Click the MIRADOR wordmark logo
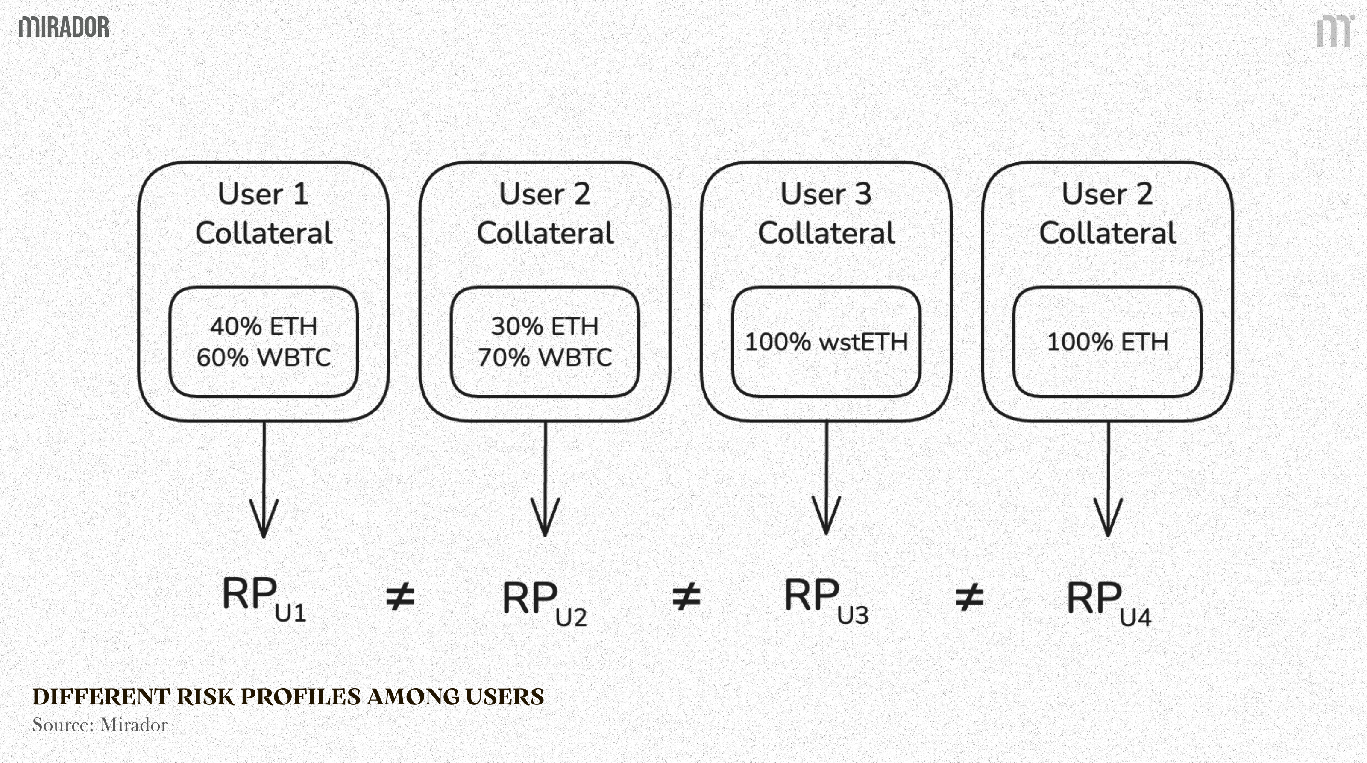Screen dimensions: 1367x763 click(64, 27)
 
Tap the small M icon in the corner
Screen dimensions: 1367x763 click(1335, 31)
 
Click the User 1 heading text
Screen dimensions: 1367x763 click(263, 194)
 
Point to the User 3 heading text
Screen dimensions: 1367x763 click(826, 194)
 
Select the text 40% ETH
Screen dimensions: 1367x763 click(264, 326)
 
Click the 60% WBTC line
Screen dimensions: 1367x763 click(264, 358)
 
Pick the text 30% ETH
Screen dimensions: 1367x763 click(545, 326)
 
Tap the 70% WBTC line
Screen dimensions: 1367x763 click(545, 358)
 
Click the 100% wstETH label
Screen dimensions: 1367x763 click(826, 342)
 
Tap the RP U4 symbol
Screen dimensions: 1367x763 click(1109, 603)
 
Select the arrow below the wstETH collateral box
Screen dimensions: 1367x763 click(826, 478)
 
